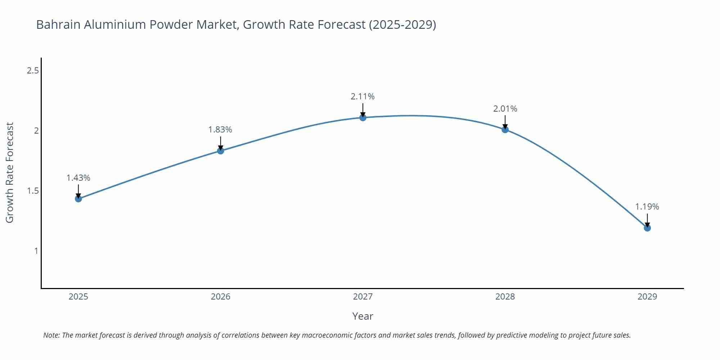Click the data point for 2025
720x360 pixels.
[78, 199]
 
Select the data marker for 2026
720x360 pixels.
[221, 151]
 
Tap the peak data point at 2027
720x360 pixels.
[363, 117]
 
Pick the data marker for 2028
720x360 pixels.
[505, 130]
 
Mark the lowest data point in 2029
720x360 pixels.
[647, 228]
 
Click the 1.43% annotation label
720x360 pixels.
[78, 178]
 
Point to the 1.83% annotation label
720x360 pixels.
[220, 130]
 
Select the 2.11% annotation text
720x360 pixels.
[363, 96]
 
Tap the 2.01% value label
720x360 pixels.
[505, 109]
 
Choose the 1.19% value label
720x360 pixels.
[647, 207]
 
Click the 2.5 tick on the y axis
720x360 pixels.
[33, 71]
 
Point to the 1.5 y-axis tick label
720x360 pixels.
[33, 191]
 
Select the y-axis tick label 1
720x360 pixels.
[36, 251]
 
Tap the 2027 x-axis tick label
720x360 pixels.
[363, 297]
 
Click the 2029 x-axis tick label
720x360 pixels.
[647, 297]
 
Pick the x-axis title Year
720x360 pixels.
[363, 316]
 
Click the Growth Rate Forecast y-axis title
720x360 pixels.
[10, 172]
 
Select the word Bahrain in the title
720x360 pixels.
[58, 24]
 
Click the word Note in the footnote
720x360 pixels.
[51, 335]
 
